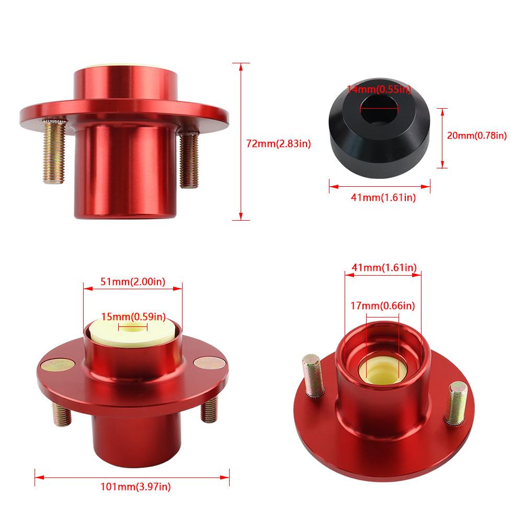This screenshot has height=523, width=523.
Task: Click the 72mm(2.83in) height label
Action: pos(279,144)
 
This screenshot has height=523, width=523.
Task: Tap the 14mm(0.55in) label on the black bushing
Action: pos(379,89)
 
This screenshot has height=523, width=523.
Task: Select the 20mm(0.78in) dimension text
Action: pos(476,135)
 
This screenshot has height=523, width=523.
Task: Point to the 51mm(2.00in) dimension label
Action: pos(133,282)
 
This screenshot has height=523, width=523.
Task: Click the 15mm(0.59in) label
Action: pos(133,316)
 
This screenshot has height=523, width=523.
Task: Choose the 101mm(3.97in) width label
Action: pos(135,486)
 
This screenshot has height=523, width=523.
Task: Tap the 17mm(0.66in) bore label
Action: pos(383,305)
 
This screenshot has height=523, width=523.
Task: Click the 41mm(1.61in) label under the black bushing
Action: pos(383,198)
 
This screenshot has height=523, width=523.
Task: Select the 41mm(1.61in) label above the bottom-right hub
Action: pos(384,267)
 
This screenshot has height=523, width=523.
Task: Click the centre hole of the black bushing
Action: pos(379,108)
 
